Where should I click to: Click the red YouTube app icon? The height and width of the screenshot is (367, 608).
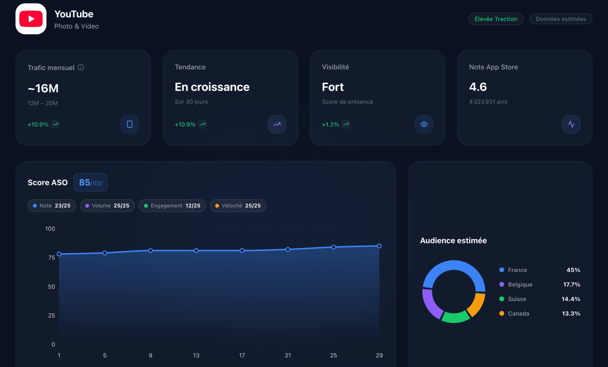pos(31,19)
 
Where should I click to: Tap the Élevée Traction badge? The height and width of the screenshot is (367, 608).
pos(496,19)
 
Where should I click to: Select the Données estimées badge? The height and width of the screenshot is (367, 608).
pos(560,19)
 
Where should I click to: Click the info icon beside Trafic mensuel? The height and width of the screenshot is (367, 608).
pos(81,67)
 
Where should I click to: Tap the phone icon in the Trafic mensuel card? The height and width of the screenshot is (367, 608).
pos(130,124)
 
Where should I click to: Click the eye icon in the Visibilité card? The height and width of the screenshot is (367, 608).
pos(424,124)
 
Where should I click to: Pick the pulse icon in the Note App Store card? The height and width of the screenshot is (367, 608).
pos(571,124)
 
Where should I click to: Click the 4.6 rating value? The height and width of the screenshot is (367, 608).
pos(478,87)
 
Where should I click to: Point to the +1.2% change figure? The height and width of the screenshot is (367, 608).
pos(330,125)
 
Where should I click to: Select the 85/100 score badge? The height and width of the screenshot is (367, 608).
pos(90,183)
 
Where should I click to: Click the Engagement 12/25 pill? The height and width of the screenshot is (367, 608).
pos(172,206)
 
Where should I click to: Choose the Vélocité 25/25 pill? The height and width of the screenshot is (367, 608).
pos(238,206)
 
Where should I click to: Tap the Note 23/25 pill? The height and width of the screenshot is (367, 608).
pos(52,206)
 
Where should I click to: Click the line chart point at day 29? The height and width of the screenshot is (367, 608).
pos(379,246)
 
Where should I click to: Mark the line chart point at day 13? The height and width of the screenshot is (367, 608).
pos(196,251)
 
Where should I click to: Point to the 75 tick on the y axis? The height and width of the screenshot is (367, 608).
pos(52,258)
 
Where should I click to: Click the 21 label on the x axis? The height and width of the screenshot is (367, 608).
pos(288,355)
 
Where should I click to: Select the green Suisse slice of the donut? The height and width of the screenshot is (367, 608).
pos(455,317)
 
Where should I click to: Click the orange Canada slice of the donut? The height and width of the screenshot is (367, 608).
pos(477,305)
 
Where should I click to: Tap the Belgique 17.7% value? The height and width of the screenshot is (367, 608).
pos(571,284)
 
